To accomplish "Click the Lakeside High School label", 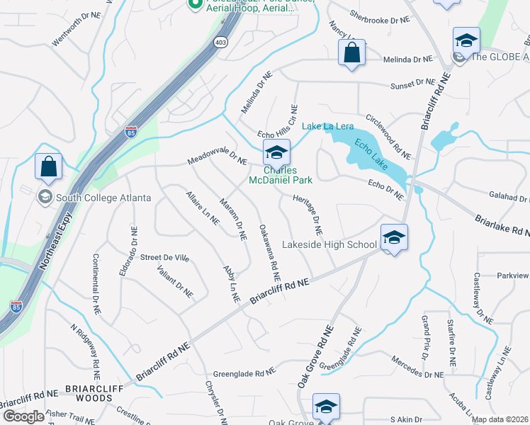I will [x=329, y=245].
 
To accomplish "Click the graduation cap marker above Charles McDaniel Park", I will [x=276, y=152].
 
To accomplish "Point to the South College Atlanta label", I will [x=94, y=198].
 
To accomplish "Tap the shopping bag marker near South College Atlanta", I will [x=48, y=167].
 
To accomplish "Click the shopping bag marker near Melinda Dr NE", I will [x=351, y=52].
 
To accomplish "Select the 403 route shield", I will [x=222, y=42].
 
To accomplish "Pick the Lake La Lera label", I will [x=328, y=126].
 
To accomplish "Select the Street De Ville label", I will [x=165, y=258].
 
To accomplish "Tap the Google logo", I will [x=23, y=416].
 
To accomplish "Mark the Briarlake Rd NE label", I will [x=502, y=226].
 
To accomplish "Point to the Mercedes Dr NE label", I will [x=417, y=365].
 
